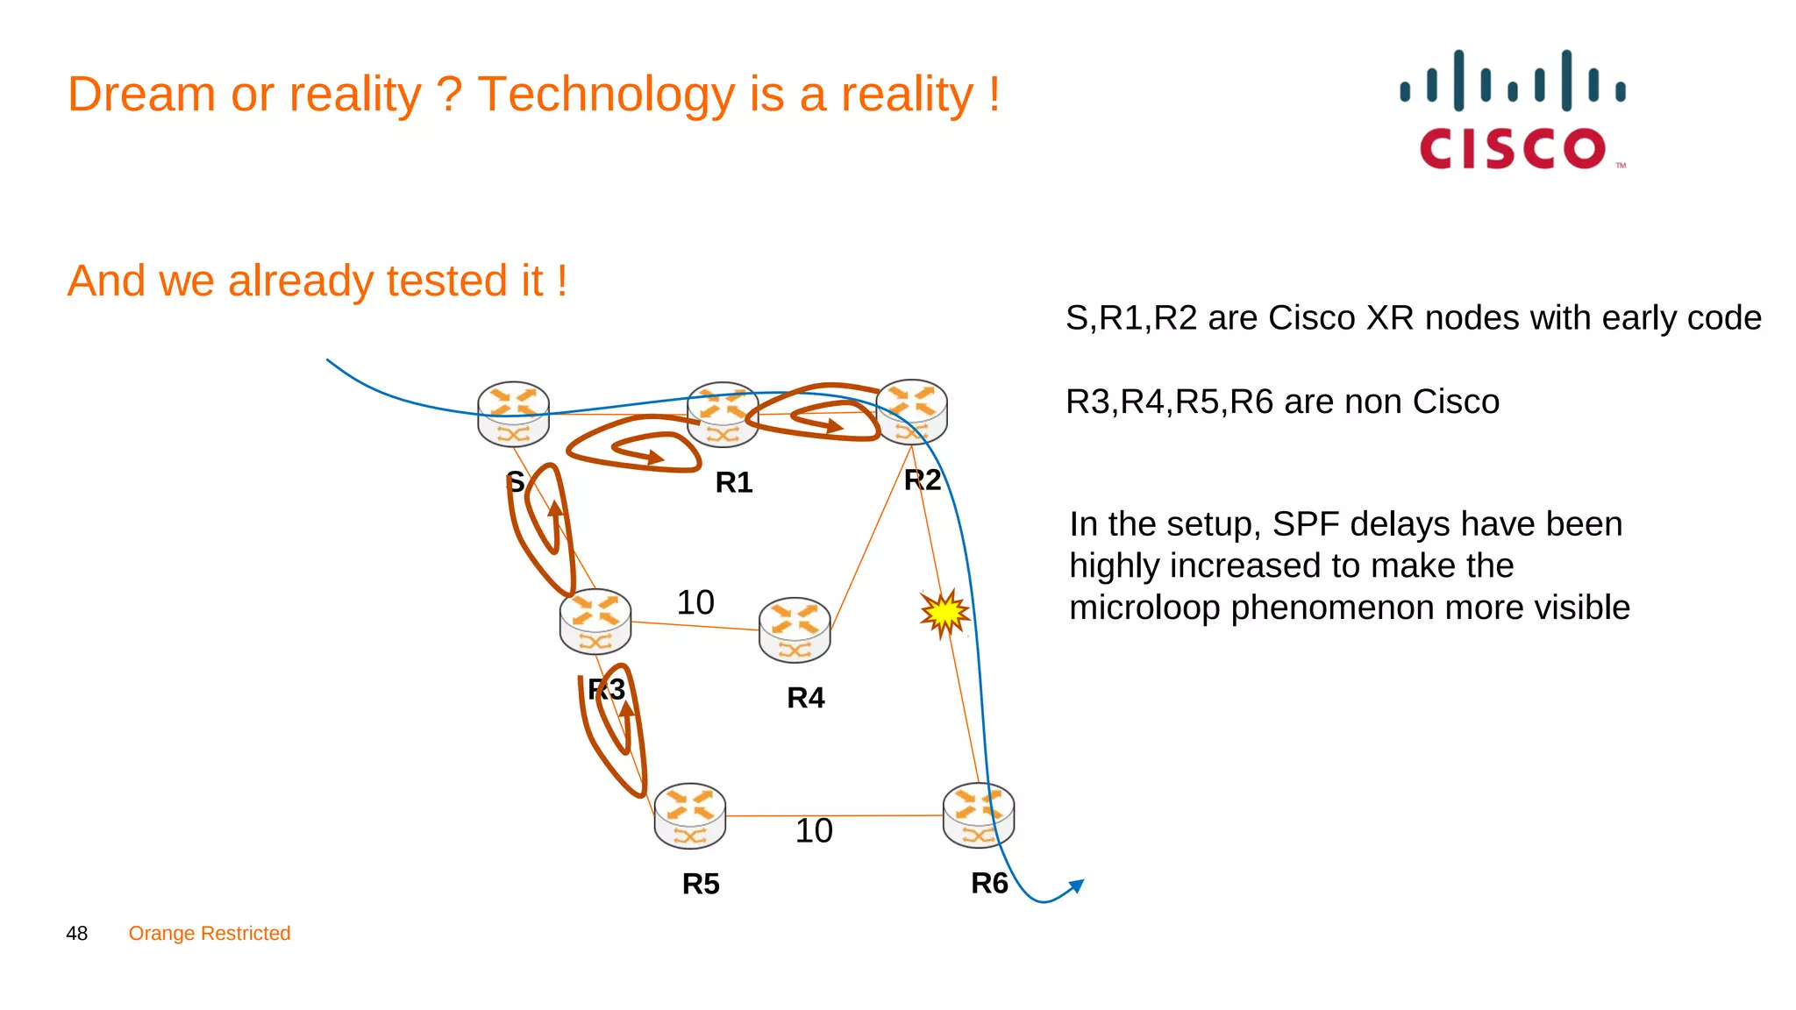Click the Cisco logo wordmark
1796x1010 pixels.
pos(1513,148)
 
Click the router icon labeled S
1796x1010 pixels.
pos(513,414)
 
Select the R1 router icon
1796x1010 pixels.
pos(723,414)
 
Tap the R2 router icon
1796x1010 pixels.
pos(912,411)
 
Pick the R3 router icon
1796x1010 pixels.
pos(595,622)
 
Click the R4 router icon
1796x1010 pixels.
pos(795,629)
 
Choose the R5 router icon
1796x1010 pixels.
pos(690,815)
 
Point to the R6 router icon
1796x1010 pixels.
pos(978,815)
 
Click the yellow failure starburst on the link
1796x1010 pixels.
pos(944,613)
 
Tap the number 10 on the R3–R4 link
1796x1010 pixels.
pos(695,602)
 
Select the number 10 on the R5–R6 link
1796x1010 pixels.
pos(814,830)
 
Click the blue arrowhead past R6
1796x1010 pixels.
pos(1078,886)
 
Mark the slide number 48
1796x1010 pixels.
pos(77,933)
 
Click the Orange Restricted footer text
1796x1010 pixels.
pos(210,933)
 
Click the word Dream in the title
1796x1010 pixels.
pos(141,94)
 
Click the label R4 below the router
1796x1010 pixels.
pos(805,698)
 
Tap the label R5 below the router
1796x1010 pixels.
pos(701,884)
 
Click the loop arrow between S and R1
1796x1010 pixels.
pos(633,445)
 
